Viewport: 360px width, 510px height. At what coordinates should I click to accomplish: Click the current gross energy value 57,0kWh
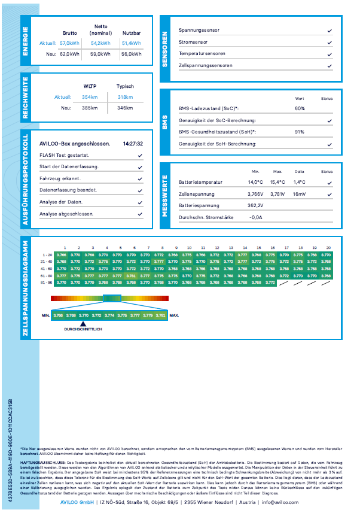pos(69,44)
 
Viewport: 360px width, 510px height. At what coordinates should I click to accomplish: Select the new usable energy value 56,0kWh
pos(131,54)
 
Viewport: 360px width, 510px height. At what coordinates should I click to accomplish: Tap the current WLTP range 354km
pos(89,97)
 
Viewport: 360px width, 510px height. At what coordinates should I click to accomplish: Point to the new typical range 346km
pos(125,108)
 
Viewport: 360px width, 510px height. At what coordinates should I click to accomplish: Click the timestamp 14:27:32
pos(132,144)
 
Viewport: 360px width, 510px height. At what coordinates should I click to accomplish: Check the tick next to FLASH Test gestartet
pos(139,154)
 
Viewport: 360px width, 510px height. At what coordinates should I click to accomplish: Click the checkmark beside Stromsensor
pos(330,42)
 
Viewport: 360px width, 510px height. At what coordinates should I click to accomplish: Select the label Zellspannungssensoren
pos(205,65)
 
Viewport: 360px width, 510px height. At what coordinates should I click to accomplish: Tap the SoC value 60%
pos(300,109)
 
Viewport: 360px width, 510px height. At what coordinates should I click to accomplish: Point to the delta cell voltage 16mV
pos(299,194)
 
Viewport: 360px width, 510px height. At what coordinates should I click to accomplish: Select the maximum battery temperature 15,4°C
pos(277,183)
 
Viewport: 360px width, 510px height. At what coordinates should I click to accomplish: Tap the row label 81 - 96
pos(45,282)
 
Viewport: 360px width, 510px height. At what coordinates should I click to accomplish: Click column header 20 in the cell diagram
pos(328,247)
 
